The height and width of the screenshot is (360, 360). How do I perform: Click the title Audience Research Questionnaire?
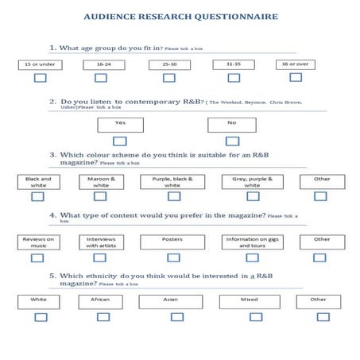tap(180, 16)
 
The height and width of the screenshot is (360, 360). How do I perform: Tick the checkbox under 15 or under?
tap(39, 78)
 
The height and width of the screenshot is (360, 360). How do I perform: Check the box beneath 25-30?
tap(169, 78)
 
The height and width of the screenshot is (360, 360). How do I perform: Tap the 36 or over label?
tap(296, 64)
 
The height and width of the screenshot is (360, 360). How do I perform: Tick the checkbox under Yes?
tap(120, 141)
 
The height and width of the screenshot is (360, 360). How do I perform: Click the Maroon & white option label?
tap(102, 182)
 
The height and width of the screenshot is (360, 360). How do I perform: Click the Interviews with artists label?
tap(102, 242)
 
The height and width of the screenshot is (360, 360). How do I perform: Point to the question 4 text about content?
tap(159, 216)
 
